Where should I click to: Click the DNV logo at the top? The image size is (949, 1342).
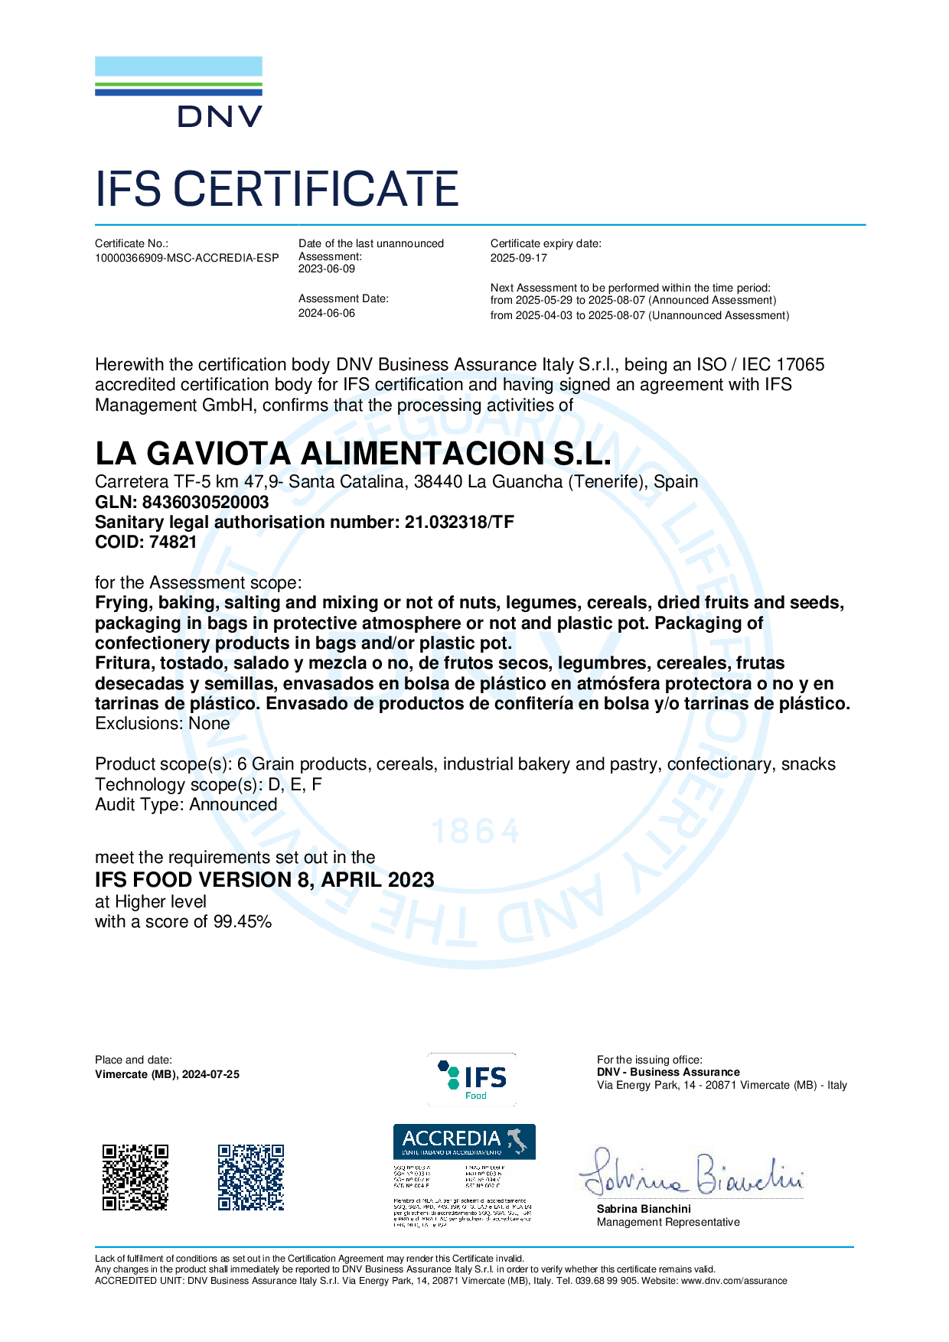click(x=178, y=92)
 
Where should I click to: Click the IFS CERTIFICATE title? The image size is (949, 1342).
click(x=276, y=190)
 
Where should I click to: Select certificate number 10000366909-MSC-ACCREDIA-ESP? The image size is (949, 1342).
click(x=187, y=258)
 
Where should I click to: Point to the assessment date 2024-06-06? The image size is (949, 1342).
click(x=327, y=313)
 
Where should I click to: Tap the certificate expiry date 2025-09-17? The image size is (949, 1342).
click(x=519, y=258)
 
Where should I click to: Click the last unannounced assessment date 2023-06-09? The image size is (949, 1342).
click(x=327, y=269)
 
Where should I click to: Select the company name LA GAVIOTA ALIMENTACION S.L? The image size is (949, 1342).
click(x=353, y=454)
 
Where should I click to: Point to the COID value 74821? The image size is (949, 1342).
click(x=173, y=542)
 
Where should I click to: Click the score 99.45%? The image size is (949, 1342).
click(x=243, y=921)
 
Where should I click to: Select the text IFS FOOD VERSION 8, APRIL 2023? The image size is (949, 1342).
click(x=264, y=880)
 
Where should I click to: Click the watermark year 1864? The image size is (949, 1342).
click(x=476, y=832)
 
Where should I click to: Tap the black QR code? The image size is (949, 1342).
click(x=135, y=1177)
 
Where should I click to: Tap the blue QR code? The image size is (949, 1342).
click(x=250, y=1177)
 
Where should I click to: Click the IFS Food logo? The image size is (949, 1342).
click(x=472, y=1079)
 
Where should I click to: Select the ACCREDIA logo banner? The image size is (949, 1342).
click(x=464, y=1141)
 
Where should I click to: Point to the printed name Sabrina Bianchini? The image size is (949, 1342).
click(x=644, y=1209)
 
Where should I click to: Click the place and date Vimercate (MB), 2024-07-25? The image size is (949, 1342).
click(x=167, y=1074)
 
